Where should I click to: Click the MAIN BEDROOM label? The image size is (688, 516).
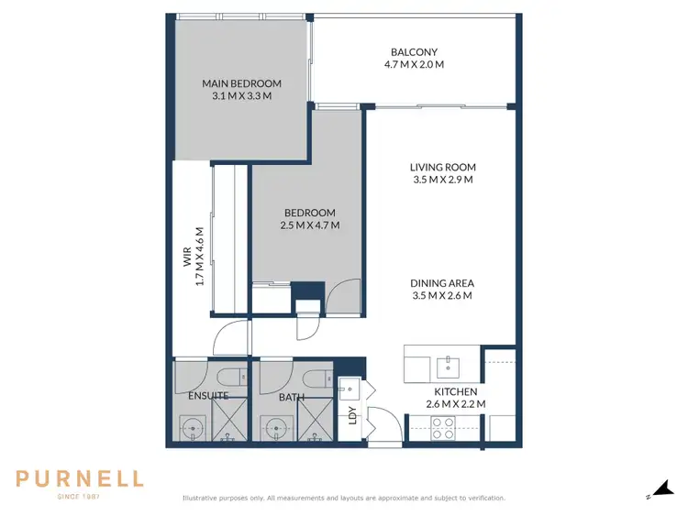(x=240, y=83)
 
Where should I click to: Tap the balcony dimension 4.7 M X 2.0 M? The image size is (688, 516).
(x=414, y=64)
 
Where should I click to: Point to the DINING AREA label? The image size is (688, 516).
(x=441, y=283)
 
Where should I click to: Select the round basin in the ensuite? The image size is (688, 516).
(x=192, y=427)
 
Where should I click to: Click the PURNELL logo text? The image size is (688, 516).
(x=80, y=478)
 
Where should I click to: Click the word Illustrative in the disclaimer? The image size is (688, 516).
(x=201, y=498)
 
